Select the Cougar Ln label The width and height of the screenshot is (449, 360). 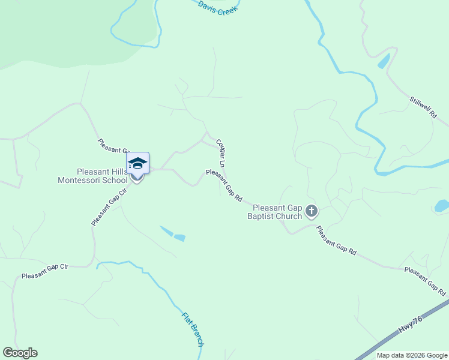pyautogui.click(x=221, y=154)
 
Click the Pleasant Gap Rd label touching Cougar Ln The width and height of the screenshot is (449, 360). pyautogui.click(x=223, y=185)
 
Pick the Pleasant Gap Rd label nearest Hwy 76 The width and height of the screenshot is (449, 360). pyautogui.click(x=424, y=280)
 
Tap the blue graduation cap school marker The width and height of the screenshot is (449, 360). pyautogui.click(x=137, y=163)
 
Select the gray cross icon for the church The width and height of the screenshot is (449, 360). pyautogui.click(x=311, y=211)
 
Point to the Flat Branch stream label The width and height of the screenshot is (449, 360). pyautogui.click(x=193, y=327)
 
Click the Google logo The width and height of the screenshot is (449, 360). pyautogui.click(x=20, y=353)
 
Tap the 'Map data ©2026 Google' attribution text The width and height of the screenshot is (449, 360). pyautogui.click(x=412, y=355)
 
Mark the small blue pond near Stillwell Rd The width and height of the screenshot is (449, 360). pyautogui.click(x=383, y=61)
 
